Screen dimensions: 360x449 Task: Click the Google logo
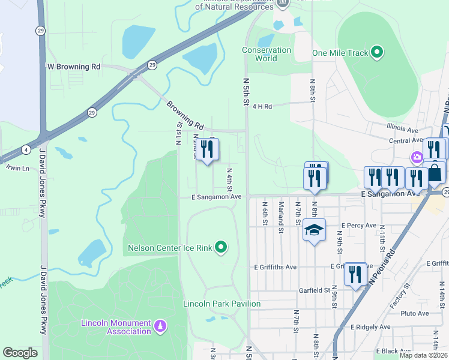[20, 353]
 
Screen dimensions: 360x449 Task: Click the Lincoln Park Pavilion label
[222, 304]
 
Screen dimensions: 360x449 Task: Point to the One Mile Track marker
[377, 53]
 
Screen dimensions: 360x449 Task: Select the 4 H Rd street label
[262, 106]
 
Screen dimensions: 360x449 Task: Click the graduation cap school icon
[314, 230]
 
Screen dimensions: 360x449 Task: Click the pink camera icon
[416, 157]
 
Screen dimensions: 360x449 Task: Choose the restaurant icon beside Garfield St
[355, 274]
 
